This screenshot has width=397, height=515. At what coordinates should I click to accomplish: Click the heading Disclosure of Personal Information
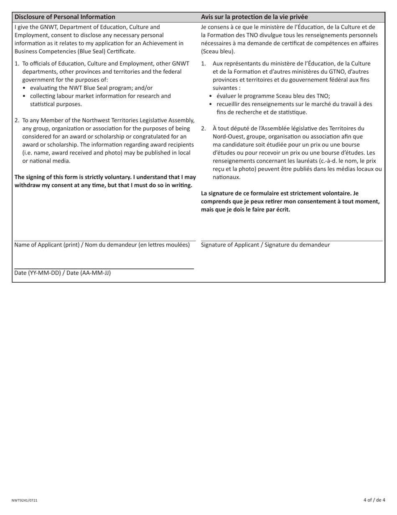(65, 17)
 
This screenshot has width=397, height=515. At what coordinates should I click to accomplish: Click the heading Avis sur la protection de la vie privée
(254, 17)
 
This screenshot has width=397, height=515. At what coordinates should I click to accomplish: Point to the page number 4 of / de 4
(374, 500)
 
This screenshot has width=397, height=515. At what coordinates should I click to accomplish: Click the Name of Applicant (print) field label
(102, 245)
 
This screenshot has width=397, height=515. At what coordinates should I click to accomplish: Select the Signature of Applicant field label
(265, 245)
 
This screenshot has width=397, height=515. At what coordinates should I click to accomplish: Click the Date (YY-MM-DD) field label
(62, 273)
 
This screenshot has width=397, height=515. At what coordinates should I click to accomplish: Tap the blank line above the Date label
(104, 268)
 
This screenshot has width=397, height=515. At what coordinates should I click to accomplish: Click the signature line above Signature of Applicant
(291, 241)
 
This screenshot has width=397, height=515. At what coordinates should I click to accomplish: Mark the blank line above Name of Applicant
(105, 241)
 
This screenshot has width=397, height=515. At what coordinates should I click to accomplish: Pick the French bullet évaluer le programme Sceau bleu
(273, 96)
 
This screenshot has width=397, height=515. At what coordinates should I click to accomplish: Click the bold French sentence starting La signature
(290, 201)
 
